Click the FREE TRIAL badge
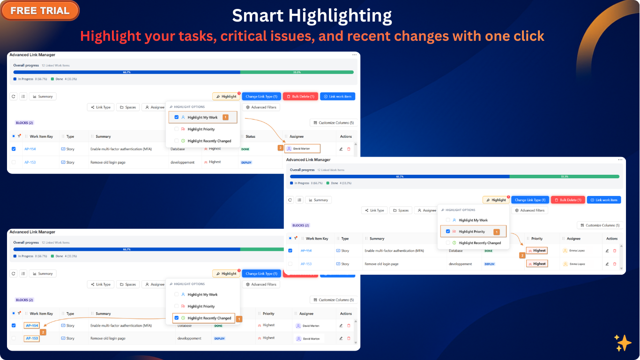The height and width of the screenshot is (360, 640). [x=40, y=10]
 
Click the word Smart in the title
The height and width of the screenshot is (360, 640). [x=257, y=16]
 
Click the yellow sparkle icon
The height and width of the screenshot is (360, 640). [x=623, y=343]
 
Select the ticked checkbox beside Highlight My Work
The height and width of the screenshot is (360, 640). [x=177, y=117]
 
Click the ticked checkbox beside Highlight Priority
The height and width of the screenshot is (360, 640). [x=448, y=232]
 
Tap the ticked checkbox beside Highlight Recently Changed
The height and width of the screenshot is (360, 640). [x=177, y=318]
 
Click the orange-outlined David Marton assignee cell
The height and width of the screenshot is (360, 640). [x=302, y=149]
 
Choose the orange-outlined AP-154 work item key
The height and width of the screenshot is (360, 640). [x=32, y=325]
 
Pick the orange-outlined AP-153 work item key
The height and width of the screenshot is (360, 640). [x=32, y=338]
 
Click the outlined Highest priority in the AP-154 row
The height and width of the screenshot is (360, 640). [x=537, y=250]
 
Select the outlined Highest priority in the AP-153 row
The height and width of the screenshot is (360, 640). [x=537, y=264]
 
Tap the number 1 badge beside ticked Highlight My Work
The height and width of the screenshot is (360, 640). [x=225, y=117]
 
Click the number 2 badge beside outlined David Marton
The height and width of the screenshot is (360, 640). [x=281, y=148]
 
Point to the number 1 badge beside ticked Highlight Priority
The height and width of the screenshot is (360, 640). [x=497, y=232]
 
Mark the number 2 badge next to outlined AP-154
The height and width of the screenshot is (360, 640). [x=43, y=332]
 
